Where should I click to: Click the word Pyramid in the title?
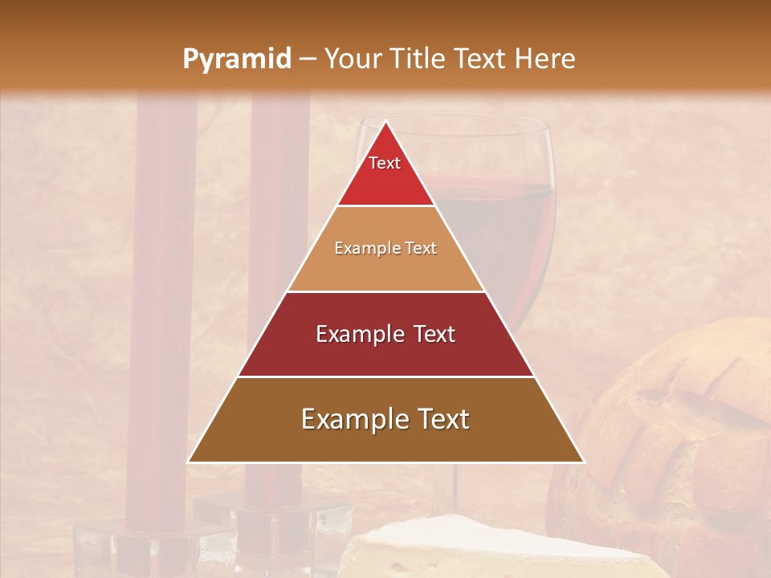click(x=236, y=59)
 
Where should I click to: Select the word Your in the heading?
click(x=353, y=59)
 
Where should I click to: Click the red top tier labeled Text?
click(x=385, y=173)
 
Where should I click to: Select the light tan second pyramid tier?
click(x=385, y=249)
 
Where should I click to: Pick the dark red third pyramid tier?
click(x=385, y=334)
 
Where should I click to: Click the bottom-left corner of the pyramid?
click(x=190, y=462)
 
